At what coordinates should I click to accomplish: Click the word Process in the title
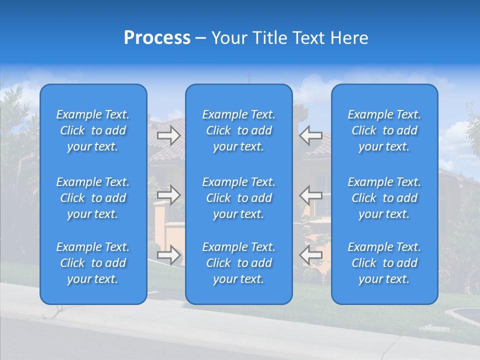(x=157, y=38)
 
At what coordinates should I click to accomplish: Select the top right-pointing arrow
(x=169, y=135)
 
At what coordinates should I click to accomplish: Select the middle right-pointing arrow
(x=169, y=195)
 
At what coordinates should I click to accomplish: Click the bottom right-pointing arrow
(x=169, y=255)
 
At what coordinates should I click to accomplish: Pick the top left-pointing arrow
(x=311, y=135)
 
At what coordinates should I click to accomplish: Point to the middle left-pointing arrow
(x=311, y=195)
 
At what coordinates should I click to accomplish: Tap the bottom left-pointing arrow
(x=311, y=255)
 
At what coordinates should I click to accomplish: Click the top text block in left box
(x=93, y=130)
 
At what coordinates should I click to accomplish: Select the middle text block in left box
(x=93, y=198)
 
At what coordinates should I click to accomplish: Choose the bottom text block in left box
(x=93, y=263)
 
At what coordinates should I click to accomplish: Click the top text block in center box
(x=238, y=130)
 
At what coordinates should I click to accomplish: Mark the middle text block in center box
(x=238, y=198)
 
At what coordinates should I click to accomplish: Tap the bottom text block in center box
(x=238, y=263)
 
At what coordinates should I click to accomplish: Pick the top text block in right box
(x=384, y=130)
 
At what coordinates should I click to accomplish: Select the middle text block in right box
(x=384, y=198)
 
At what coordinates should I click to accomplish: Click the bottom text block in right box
(x=384, y=263)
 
